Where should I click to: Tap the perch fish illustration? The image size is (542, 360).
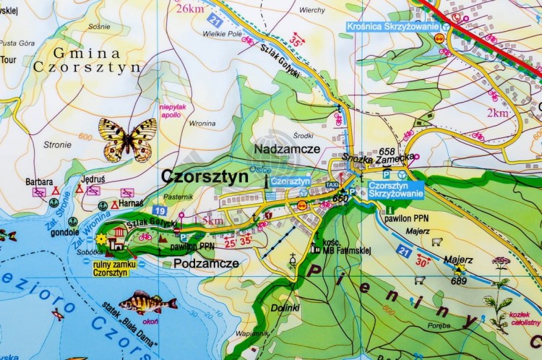tap(147, 302)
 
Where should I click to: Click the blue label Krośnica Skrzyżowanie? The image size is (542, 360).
tap(393, 27)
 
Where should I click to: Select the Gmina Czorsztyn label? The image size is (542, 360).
tap(87, 60)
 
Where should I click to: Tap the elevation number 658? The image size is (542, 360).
tap(387, 152)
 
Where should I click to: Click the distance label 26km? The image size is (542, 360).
tap(189, 9)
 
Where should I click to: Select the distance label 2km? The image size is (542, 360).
tap(497, 113)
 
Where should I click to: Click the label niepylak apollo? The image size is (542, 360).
tap(170, 111)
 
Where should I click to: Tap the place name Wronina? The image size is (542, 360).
tap(202, 124)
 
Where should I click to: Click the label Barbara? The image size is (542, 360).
tap(39, 182)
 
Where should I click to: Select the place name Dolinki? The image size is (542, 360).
tap(284, 309)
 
